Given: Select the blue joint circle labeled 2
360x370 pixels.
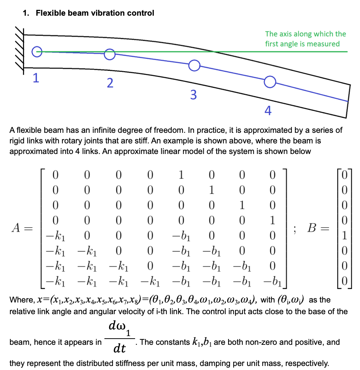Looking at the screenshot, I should [110, 54].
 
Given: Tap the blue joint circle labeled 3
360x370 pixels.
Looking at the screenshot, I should [194, 65].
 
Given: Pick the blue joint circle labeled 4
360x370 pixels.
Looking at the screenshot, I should [269, 82].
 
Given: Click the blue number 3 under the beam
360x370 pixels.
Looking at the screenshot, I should [194, 95].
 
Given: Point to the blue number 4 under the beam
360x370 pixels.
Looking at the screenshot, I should [268, 111].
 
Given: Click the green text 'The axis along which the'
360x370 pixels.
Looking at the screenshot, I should [305, 34].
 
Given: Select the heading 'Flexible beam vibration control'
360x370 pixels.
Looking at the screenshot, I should [95, 13].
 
